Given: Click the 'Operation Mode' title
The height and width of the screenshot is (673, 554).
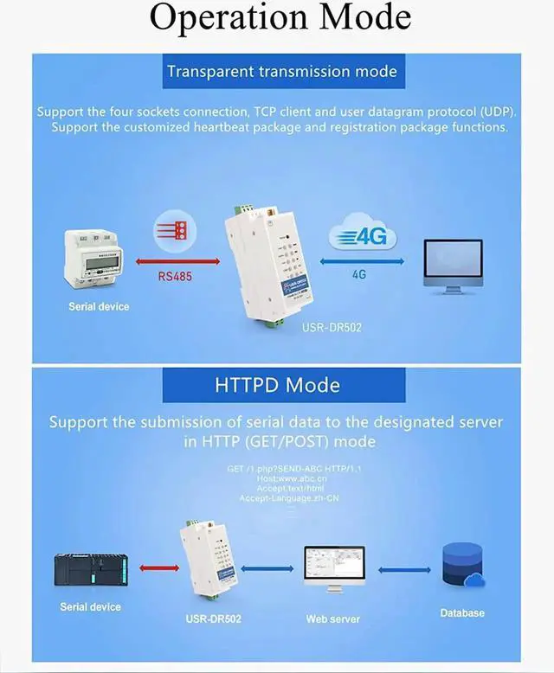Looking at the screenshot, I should click(280, 18).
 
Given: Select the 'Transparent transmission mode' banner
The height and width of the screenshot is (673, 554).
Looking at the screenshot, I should click(282, 71).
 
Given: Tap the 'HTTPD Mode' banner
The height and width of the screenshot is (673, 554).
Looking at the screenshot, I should click(277, 384).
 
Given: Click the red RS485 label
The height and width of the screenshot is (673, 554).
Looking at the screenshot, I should click(176, 278).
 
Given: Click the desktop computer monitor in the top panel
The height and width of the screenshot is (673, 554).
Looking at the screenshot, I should click(452, 268).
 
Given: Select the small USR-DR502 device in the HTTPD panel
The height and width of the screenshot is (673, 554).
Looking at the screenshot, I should click(209, 562).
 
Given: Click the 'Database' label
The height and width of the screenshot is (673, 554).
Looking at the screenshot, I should click(461, 612).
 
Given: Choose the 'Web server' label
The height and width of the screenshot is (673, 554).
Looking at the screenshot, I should click(332, 619).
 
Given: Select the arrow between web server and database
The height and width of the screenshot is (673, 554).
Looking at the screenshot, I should click(404, 570).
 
